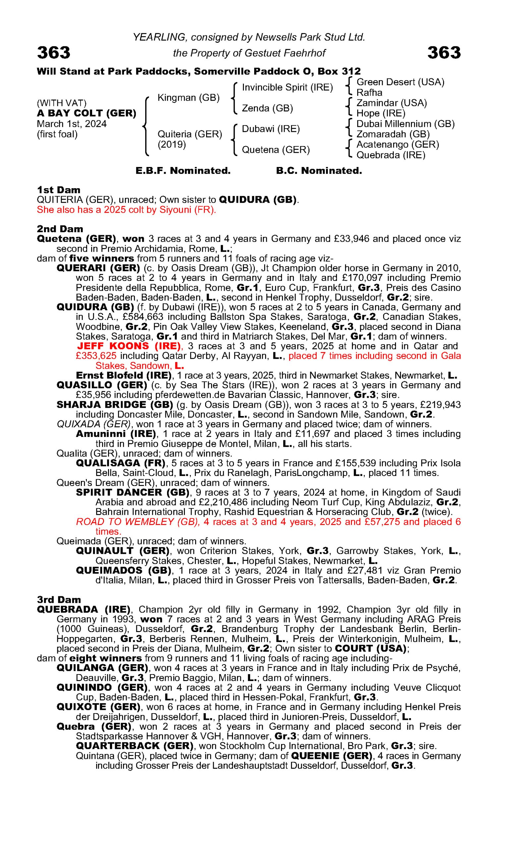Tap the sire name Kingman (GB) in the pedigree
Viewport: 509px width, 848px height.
point(188,98)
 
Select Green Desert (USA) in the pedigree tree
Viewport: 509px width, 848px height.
point(400,82)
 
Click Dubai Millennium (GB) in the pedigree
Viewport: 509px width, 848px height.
point(405,124)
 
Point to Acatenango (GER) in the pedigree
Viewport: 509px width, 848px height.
point(398,145)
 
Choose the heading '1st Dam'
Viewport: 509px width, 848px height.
point(58,190)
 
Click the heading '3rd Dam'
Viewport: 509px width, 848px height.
point(59,600)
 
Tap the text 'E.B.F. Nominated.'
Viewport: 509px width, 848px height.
point(183,171)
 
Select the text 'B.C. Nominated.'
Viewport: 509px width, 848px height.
point(319,171)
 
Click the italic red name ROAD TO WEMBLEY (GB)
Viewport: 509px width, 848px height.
point(138,522)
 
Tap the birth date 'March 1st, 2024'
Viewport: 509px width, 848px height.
point(72,124)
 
